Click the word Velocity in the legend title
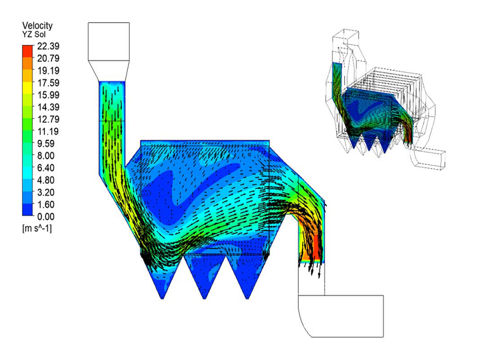[x=37, y=25]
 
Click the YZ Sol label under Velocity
[x=34, y=34]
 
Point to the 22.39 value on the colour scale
[x=49, y=46]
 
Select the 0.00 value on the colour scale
[x=46, y=217]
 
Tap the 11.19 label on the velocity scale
[x=49, y=131]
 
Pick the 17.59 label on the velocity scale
[x=49, y=83]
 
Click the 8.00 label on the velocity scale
[x=46, y=156]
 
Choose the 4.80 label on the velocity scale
[x=46, y=180]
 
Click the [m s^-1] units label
[x=37, y=228]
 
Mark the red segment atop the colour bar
[x=27, y=51]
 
